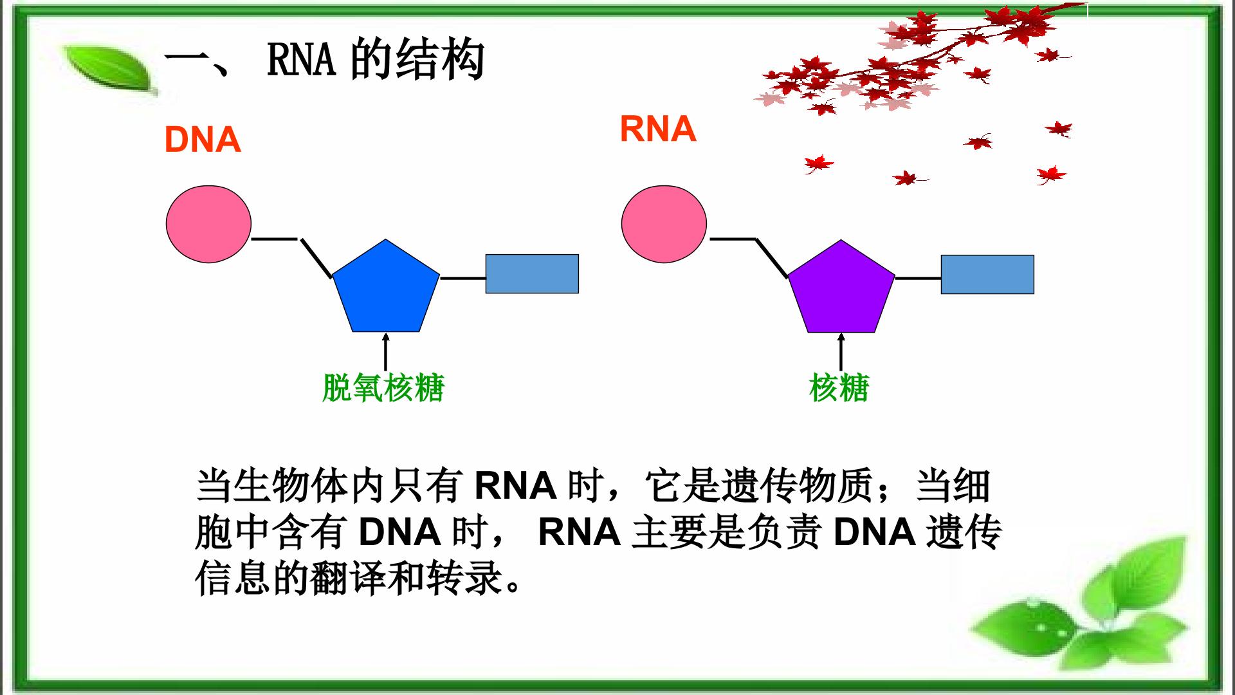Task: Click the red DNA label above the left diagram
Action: coord(203,140)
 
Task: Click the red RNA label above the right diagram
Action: coord(658,129)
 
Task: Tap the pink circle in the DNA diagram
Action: coord(208,224)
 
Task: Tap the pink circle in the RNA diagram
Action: coord(664,224)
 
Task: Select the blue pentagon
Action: coord(385,290)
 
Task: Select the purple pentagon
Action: coord(841,290)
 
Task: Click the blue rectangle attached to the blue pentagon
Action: coord(532,274)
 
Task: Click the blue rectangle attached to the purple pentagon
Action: coord(987,275)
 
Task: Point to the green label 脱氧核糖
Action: coord(383,388)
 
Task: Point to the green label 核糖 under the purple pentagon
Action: coord(839,388)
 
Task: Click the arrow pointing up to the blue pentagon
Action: coord(385,351)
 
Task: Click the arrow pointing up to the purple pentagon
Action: coord(841,351)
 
